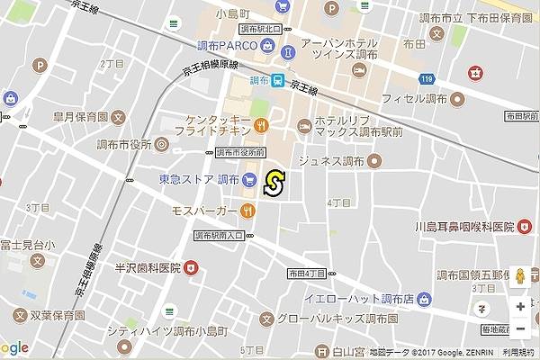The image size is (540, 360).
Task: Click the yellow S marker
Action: tap(274, 184)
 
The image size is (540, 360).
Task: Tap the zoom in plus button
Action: tap(520, 307)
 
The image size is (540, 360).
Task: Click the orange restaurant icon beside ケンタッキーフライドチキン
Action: tap(261, 125)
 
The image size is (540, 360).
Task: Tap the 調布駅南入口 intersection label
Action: tap(220, 235)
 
